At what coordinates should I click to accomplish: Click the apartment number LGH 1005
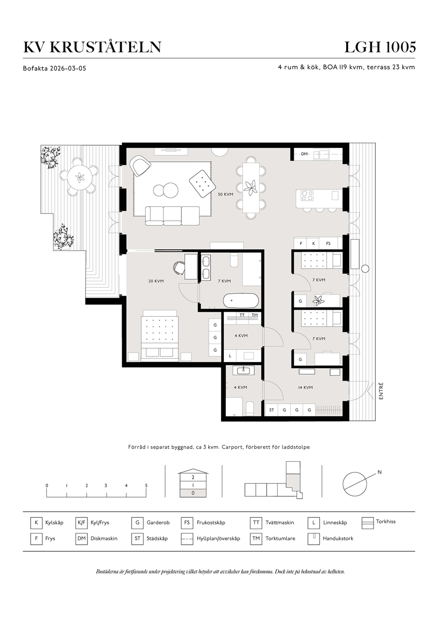380,47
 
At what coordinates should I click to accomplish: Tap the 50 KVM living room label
225,194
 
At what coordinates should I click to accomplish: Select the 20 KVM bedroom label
156,281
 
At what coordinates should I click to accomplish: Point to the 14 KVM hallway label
305,388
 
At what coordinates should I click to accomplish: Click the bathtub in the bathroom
241,300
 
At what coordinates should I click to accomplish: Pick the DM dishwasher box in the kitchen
304,154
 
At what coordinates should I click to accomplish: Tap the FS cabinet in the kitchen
328,243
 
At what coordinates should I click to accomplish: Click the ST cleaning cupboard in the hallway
272,410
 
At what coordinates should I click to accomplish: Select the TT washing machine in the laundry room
242,315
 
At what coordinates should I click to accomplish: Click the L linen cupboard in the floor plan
230,356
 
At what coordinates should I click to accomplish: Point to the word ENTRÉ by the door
381,391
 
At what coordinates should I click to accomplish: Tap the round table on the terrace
80,178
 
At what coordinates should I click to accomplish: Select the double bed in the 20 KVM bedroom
160,335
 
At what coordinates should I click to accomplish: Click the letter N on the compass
379,472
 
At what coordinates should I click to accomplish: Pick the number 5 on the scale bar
146,486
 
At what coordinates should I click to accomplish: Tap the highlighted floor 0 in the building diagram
193,493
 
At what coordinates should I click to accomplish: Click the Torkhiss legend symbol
367,523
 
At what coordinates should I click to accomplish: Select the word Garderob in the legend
158,523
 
